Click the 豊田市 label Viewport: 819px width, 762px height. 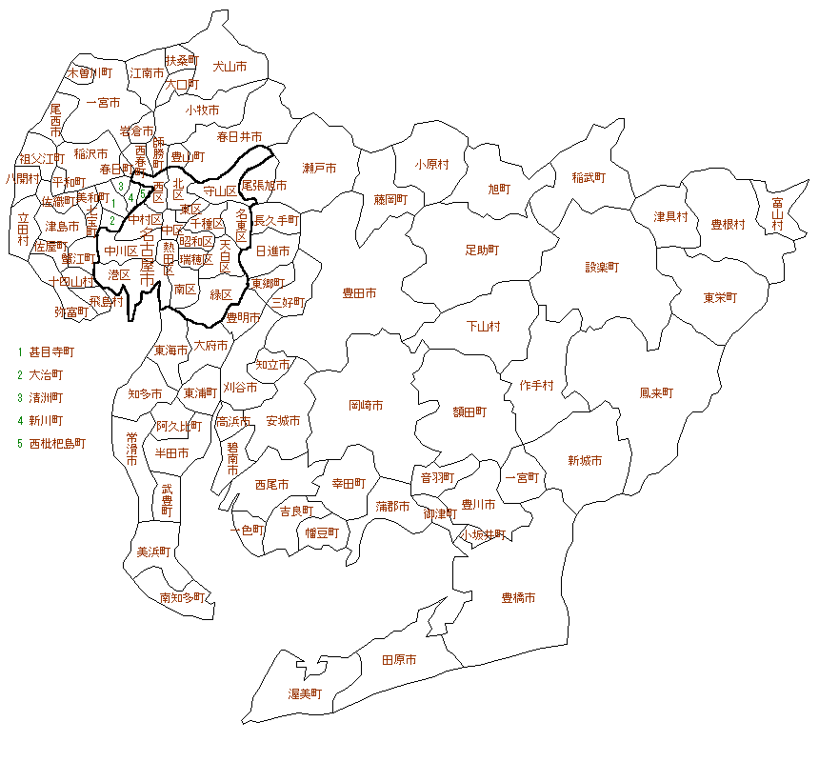pos(359,293)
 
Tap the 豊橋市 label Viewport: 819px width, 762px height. pos(518,598)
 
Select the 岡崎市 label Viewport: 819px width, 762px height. pos(366,406)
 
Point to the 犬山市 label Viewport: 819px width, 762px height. pos(230,67)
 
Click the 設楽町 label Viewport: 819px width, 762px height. pos(602,268)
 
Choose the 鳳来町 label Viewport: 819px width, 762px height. pos(656,392)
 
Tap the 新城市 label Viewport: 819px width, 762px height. pos(585,461)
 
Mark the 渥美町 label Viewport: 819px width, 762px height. pos(306,693)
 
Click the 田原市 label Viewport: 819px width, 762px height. pos(398,659)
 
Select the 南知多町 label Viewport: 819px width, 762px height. pos(182,598)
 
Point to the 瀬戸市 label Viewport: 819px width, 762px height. pos(319,169)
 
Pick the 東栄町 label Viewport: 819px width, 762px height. pos(720,297)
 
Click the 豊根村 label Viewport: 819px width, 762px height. pos(728,225)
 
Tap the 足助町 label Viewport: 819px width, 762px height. pos(482,250)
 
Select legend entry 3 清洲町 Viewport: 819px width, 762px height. pos(46,397)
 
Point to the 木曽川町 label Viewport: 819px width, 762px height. pos(90,72)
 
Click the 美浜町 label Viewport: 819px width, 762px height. pos(153,551)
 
